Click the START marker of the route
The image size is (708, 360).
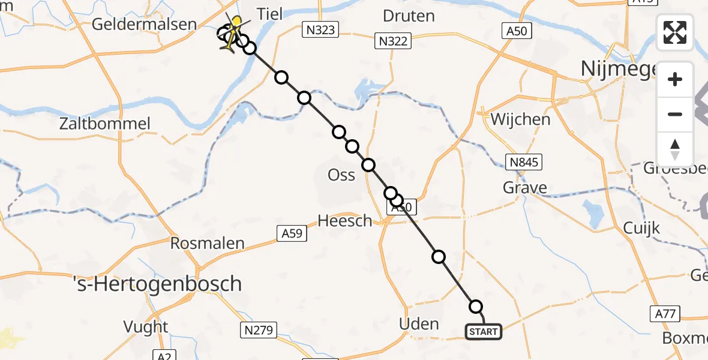coord(483,332)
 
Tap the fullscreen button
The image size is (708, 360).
coord(675,32)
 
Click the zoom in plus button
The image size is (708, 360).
coord(675,79)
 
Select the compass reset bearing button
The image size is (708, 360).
coord(675,149)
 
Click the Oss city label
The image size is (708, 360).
coord(341,175)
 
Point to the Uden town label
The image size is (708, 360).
coord(419,324)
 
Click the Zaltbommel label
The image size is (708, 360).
coord(105,124)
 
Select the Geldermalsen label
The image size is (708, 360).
coord(144,25)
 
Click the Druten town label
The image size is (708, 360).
coord(409,16)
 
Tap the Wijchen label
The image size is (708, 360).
coord(520,119)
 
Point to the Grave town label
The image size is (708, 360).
coord(525,188)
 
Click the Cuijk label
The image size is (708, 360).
coord(641,228)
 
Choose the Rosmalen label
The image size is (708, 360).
coord(208,243)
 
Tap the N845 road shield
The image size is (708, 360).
coord(524,161)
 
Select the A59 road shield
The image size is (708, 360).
coord(292,233)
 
